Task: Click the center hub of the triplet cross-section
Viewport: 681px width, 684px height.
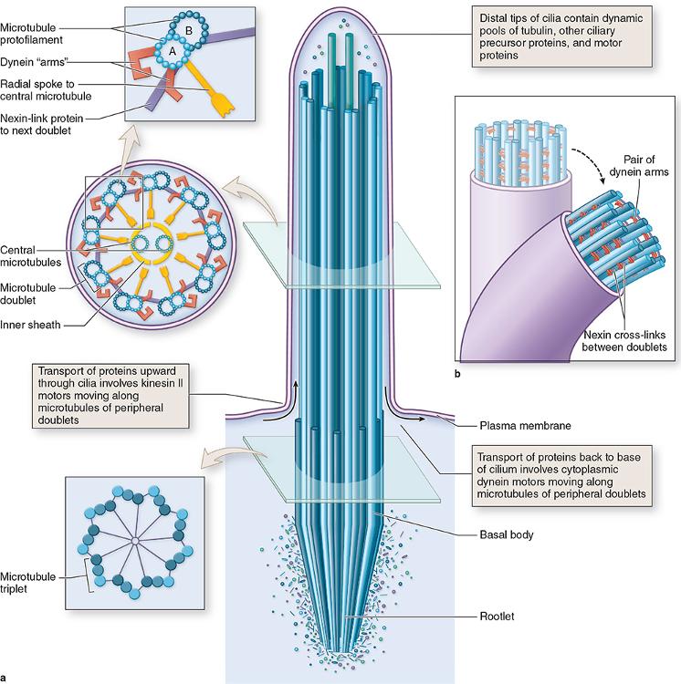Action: tap(134, 542)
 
